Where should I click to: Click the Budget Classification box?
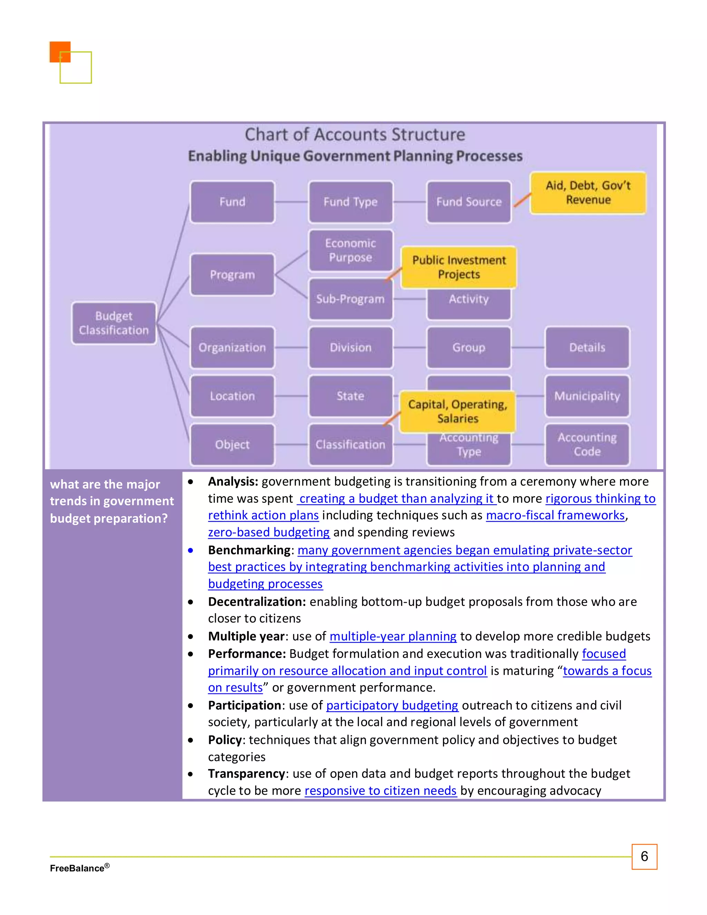[x=114, y=323]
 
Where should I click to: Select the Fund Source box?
[x=469, y=202]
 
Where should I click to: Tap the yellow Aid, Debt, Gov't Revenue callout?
[x=588, y=193]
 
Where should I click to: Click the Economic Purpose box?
[x=351, y=250]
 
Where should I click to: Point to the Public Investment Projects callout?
[x=459, y=267]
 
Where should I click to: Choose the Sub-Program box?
[x=351, y=299]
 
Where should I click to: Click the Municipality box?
[x=587, y=396]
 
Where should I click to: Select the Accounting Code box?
[x=587, y=444]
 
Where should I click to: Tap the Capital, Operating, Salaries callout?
[x=457, y=412]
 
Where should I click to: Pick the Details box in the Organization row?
[x=587, y=347]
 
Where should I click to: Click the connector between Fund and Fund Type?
[x=291, y=202]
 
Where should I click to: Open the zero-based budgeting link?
[x=269, y=532]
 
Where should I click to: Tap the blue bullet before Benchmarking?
[x=191, y=550]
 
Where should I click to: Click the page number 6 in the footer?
[x=644, y=856]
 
